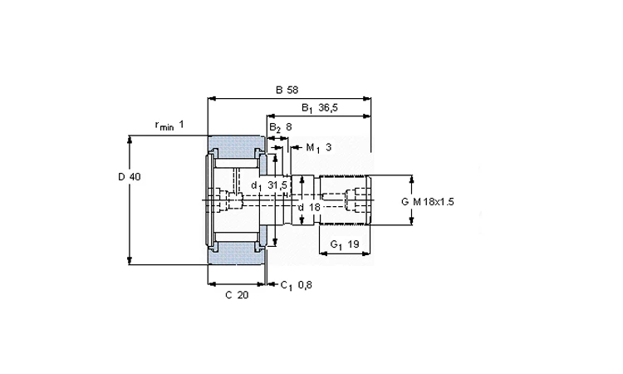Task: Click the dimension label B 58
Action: (x=287, y=89)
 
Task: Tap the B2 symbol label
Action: (x=274, y=127)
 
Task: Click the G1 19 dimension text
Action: (x=344, y=244)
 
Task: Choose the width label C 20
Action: (x=236, y=294)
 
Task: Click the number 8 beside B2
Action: (x=288, y=127)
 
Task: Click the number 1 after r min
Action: (x=181, y=125)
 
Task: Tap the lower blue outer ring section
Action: (x=237, y=253)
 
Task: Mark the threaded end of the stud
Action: (x=344, y=199)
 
